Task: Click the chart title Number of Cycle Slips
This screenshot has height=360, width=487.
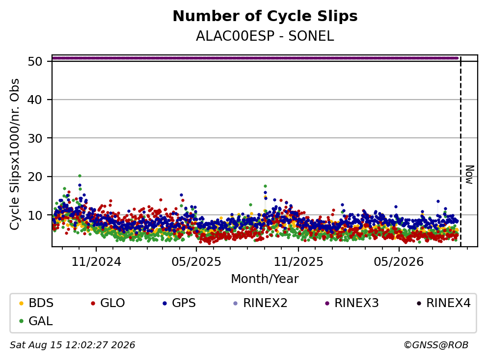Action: [265, 16]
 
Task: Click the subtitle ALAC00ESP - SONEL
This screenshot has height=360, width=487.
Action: [265, 36]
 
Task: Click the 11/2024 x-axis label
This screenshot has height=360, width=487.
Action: [96, 262]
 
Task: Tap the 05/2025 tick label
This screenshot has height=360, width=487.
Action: [196, 262]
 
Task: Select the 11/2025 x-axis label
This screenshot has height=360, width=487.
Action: [298, 262]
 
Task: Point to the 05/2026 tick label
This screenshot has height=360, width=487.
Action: [399, 262]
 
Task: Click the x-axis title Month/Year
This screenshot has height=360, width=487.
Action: [265, 279]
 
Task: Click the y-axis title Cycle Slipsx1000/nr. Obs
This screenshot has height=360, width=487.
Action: [14, 154]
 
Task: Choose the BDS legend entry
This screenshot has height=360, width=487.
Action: [36, 303]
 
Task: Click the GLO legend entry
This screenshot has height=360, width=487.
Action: [108, 303]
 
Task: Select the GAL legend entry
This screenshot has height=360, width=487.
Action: [36, 321]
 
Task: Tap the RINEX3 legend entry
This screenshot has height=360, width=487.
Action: [352, 303]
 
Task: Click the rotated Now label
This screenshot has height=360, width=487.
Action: [470, 175]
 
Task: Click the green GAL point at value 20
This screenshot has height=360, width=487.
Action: [80, 176]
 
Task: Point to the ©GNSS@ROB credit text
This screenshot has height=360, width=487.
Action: [436, 345]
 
